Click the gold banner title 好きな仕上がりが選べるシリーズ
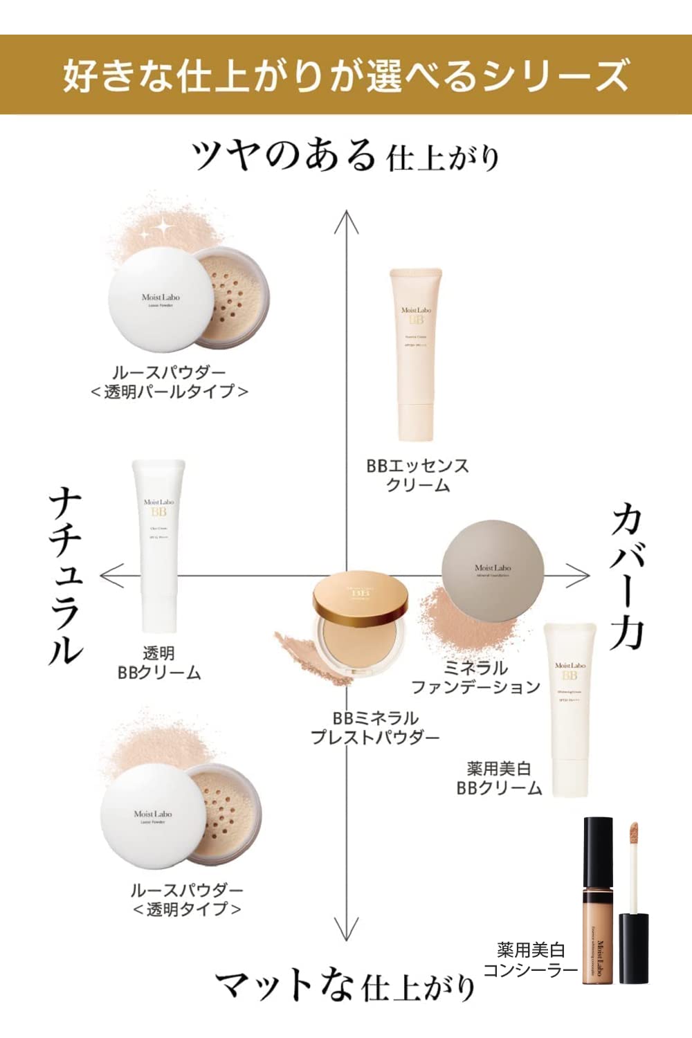(x=346, y=75)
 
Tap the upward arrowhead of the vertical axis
(x=347, y=221)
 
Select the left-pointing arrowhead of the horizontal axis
(x=111, y=575)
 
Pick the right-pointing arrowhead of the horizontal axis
(x=579, y=575)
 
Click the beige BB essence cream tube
(x=416, y=353)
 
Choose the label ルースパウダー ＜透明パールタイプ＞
(x=170, y=382)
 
